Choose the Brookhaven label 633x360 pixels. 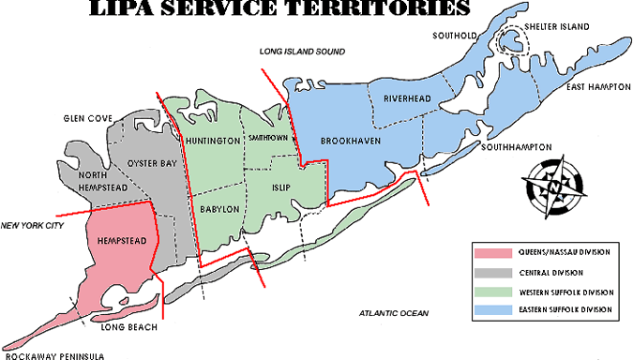click(x=349, y=140)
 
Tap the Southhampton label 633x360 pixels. click(x=516, y=147)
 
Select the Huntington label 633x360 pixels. click(x=212, y=141)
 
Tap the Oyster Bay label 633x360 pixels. click(x=149, y=162)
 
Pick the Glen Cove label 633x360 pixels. click(x=87, y=118)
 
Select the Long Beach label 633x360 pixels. click(x=128, y=328)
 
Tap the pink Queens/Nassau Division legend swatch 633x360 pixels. click(x=494, y=253)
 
